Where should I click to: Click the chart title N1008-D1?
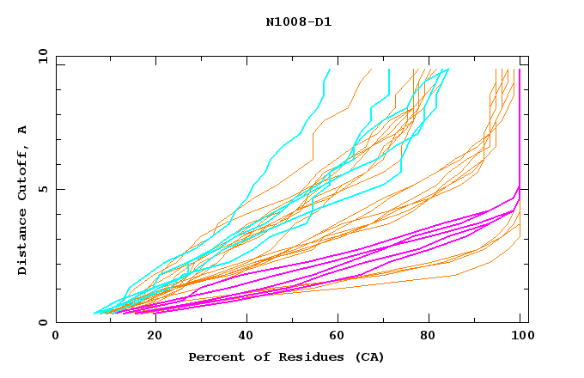coord(298,21)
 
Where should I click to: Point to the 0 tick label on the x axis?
coord(57,336)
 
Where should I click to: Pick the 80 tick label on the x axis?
coord(434,336)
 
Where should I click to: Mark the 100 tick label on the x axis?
coord(521,336)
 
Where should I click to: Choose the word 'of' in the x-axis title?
coord(255,357)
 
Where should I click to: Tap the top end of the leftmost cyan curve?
coord(329,70)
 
